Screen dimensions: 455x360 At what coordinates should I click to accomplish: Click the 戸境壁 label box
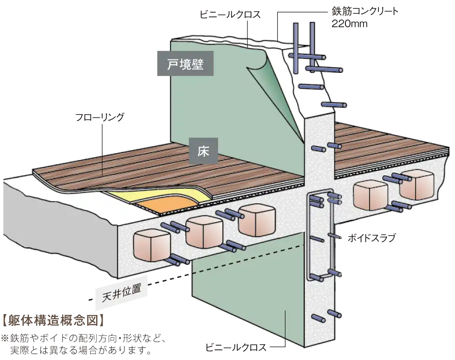[x=185, y=64]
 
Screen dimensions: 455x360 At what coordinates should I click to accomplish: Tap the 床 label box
[x=203, y=151]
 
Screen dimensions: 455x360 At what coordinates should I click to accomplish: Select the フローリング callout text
[x=100, y=117]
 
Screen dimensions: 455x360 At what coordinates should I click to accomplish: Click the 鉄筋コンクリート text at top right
[x=365, y=11]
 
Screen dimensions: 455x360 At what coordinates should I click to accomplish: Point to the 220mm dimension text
[x=350, y=24]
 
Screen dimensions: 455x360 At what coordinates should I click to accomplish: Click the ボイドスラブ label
[x=372, y=238]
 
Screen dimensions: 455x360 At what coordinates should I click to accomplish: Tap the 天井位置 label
[x=122, y=292]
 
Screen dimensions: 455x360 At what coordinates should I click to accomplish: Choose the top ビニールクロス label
[x=230, y=14]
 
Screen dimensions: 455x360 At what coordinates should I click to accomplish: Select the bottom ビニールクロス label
[x=236, y=347]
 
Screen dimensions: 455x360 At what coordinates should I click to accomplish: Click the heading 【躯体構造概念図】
[x=53, y=320]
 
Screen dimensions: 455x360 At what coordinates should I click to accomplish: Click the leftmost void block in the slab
[x=151, y=245]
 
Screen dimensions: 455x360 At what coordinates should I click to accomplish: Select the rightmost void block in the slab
[x=417, y=185]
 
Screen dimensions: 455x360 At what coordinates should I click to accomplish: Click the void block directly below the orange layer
[x=204, y=232]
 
